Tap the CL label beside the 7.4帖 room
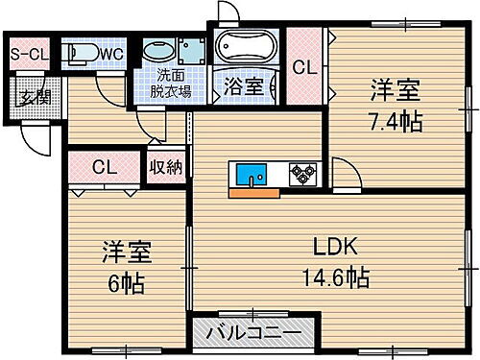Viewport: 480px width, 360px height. [x=304, y=68]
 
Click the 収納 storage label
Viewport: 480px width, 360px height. [x=164, y=166]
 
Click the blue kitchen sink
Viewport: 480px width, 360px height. [x=255, y=175]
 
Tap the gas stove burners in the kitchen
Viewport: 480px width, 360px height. [x=303, y=175]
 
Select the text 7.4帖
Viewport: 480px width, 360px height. [x=397, y=123]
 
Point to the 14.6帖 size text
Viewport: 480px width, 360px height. [x=332, y=277]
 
